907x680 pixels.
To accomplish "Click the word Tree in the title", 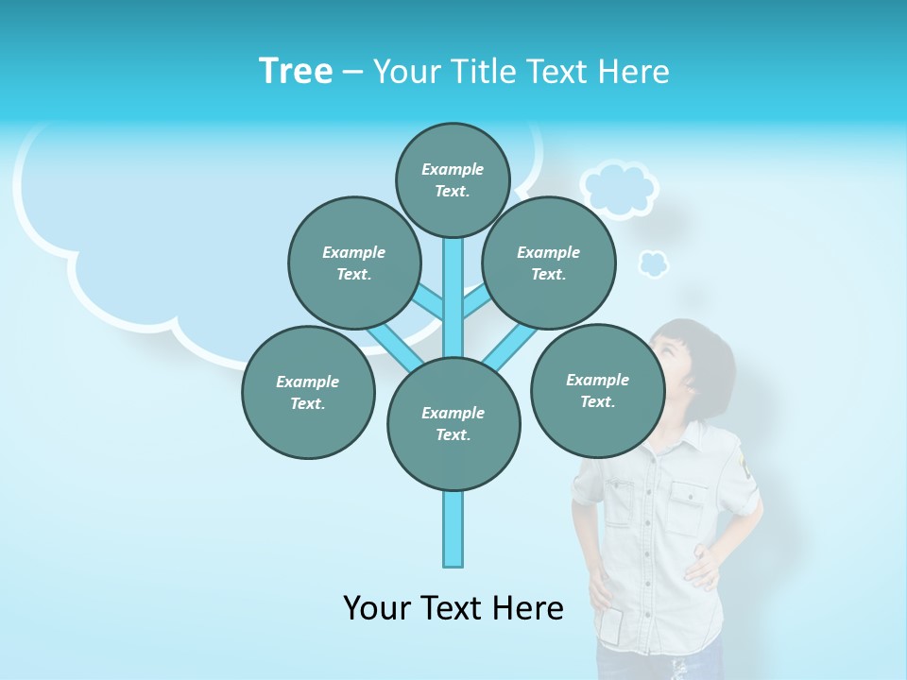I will (296, 71).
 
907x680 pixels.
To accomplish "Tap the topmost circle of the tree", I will (453, 179).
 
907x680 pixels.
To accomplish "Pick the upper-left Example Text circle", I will (353, 263).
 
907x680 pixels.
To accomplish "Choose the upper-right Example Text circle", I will (548, 263).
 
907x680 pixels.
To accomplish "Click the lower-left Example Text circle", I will (308, 392).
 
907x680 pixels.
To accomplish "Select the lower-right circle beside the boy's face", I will (597, 390).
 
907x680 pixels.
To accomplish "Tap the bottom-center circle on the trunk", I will (453, 423).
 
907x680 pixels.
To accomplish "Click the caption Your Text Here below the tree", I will (453, 608).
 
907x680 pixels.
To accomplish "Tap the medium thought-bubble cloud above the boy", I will (619, 189).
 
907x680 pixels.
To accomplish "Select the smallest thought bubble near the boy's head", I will (653, 263).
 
